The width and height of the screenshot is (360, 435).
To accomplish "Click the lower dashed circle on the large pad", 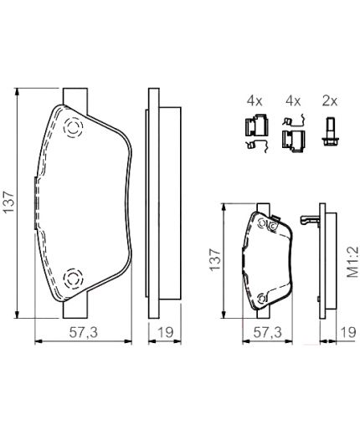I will click(72, 276).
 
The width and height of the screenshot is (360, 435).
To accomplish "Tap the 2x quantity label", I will click(329, 101).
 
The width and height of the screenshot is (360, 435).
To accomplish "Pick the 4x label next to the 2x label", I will click(291, 101).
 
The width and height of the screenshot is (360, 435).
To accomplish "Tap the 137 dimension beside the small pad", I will click(214, 262).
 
